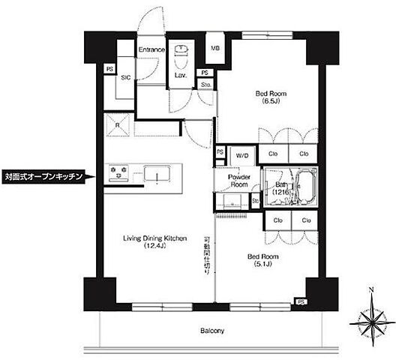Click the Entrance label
(151, 49)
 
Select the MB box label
(215, 49)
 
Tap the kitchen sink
(158, 176)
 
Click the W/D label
(242, 155)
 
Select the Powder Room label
(239, 180)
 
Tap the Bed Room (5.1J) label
(263, 260)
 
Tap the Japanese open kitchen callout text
(43, 178)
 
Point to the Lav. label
(181, 76)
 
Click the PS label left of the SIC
(109, 69)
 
